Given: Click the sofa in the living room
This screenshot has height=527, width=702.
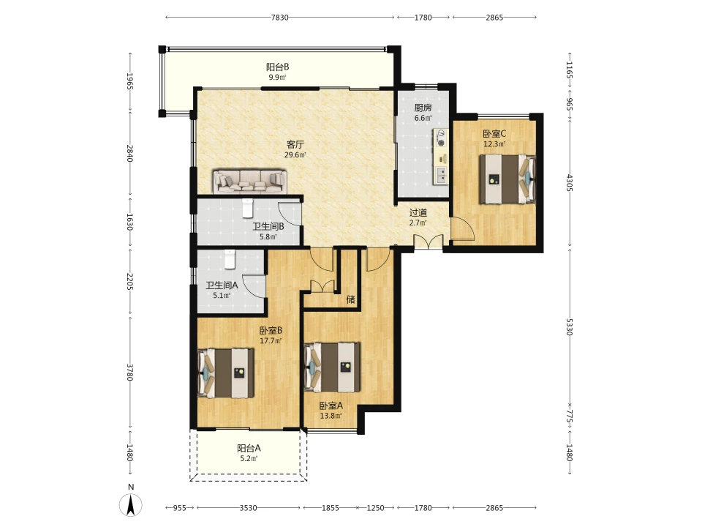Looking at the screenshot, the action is click(249, 182).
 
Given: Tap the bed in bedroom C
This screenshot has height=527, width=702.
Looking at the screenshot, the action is click(507, 179).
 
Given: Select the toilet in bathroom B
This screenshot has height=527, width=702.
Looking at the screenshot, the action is click(248, 207).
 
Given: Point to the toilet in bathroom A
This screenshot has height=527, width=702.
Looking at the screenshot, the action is click(230, 259).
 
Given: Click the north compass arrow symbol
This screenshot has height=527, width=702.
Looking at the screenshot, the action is click(131, 506).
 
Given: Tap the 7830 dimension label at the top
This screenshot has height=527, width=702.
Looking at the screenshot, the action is click(280, 18).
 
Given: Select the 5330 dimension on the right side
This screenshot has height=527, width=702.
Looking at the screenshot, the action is click(569, 326).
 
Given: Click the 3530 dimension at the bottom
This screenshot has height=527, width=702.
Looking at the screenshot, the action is click(248, 508).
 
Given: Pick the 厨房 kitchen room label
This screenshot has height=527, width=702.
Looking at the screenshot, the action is click(423, 108).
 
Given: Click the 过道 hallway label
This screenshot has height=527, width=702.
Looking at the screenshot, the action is click(418, 212).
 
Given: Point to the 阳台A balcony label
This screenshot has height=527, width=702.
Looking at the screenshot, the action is click(249, 448).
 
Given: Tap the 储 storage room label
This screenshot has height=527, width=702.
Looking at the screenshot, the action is click(350, 299).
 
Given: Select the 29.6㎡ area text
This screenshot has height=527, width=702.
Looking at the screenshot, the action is click(295, 155).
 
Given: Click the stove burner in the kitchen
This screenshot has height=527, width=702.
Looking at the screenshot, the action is click(442, 143).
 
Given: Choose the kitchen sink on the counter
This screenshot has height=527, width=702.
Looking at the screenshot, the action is click(442, 175).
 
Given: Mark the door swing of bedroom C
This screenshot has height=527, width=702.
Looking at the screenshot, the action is click(462, 228).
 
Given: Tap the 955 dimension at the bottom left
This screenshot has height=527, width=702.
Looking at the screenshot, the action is click(180, 508).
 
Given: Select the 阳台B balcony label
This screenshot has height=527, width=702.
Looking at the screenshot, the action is click(278, 67).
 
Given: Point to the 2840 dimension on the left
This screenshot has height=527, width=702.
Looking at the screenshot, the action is click(130, 153).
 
